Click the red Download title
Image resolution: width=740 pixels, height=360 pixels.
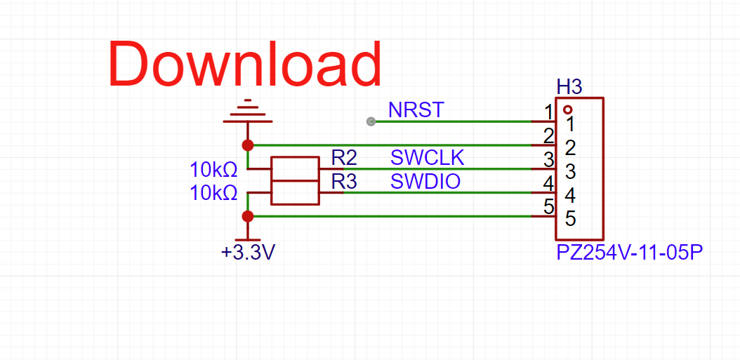coord(245,64)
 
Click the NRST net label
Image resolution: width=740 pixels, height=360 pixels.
coord(416,110)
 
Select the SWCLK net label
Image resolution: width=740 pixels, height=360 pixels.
coord(428,158)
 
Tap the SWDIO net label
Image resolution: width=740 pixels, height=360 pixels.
coord(425,182)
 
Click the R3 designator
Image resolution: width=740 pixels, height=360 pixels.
coord(344,182)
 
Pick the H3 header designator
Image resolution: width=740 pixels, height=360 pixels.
coord(569,87)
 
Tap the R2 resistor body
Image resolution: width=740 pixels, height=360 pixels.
coord(295,169)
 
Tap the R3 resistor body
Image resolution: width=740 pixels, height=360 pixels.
coord(295,192)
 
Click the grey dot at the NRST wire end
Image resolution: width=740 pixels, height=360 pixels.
coord(371,121)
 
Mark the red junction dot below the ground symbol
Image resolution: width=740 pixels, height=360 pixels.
coord(247,145)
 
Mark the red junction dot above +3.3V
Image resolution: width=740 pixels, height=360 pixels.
coord(247,216)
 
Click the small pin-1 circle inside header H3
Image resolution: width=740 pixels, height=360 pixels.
coord(567,110)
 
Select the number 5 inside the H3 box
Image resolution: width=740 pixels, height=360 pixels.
coord(571,219)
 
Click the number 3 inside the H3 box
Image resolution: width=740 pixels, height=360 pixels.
coord(571,171)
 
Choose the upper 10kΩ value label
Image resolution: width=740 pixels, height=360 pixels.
coord(213,170)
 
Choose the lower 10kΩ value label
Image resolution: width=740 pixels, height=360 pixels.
coord(213,193)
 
